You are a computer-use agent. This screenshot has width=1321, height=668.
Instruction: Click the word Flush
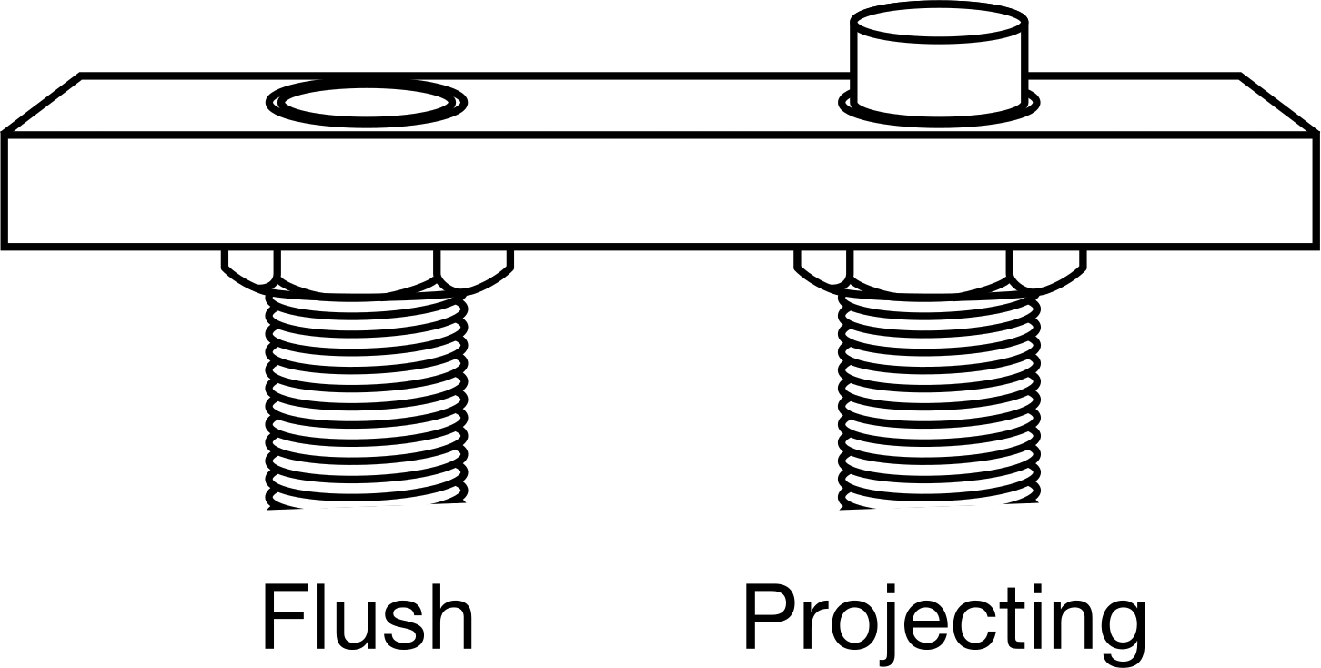click(368, 616)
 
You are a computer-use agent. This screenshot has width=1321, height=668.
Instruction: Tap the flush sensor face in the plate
click(367, 103)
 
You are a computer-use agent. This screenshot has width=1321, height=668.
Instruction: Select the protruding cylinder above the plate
click(939, 63)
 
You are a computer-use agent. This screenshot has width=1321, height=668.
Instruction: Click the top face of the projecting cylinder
click(939, 23)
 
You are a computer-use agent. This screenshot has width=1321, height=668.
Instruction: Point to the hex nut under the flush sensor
click(367, 272)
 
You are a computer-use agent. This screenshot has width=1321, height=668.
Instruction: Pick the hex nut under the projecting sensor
click(940, 272)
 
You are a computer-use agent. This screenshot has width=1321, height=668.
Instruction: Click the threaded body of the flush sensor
click(367, 401)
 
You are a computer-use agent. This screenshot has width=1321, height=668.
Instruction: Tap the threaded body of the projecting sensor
click(940, 401)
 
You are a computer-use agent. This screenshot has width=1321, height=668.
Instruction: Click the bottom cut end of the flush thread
click(367, 506)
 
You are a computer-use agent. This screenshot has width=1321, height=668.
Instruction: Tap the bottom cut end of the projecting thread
click(940, 506)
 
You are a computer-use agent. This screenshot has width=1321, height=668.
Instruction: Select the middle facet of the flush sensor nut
click(358, 271)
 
